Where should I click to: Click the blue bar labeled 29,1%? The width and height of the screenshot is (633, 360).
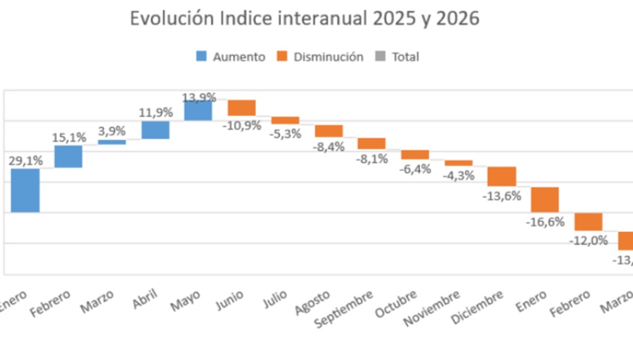pyautogui.click(x=25, y=190)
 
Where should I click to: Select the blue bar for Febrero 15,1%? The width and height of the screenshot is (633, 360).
pyautogui.click(x=69, y=156)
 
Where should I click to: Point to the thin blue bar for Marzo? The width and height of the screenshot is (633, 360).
pyautogui.click(x=112, y=142)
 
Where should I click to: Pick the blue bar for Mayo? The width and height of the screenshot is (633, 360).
pyautogui.click(x=198, y=110)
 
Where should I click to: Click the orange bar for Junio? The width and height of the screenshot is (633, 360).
pyautogui.click(x=241, y=108)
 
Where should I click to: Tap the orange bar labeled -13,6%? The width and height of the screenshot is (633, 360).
pyautogui.click(x=501, y=176)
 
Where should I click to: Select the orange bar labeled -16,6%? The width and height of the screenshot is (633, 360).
pyautogui.click(x=544, y=200)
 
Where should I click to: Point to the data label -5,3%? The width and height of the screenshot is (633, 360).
pyautogui.click(x=286, y=134)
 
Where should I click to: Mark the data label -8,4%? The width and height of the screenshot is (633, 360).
pyautogui.click(x=329, y=147)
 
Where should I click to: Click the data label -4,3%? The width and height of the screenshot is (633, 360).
pyautogui.click(x=459, y=175)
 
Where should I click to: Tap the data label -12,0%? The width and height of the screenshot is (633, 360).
pyautogui.click(x=588, y=240)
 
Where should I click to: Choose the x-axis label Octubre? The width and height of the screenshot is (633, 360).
pyautogui.click(x=395, y=303)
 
